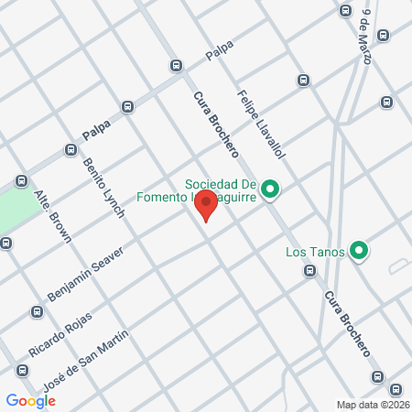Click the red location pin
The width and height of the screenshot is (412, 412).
click(x=206, y=204)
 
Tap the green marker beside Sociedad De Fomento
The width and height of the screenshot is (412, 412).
click(x=269, y=190)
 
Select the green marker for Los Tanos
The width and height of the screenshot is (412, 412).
click(x=360, y=251)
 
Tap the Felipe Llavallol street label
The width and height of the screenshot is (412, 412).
click(x=262, y=123)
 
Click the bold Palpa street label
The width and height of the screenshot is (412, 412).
click(x=96, y=134)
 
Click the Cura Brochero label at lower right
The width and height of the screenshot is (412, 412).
click(x=346, y=323)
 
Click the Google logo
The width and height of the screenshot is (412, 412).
click(x=30, y=400)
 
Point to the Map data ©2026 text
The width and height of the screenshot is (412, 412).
click(x=373, y=405)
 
